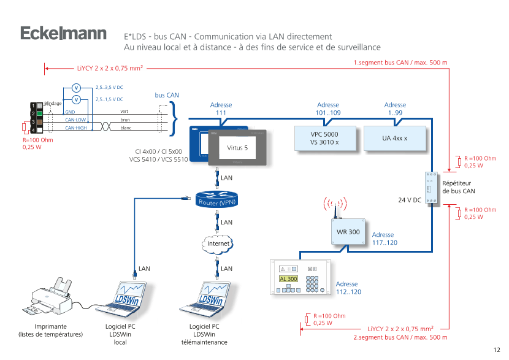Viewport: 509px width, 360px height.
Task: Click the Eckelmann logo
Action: pyautogui.click(x=63, y=34)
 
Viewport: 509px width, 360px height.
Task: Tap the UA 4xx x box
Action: pyautogui.click(x=394, y=138)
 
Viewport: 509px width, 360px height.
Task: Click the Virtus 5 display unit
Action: pyautogui.click(x=237, y=148)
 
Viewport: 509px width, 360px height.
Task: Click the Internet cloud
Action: pyautogui.click(x=218, y=243)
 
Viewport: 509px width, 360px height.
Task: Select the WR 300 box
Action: pyautogui.click(x=348, y=232)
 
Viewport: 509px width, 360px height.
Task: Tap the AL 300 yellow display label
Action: pyautogui.click(x=288, y=279)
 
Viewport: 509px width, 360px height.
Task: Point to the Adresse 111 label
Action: pyautogui.click(x=221, y=109)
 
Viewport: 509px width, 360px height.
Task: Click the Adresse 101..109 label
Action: pyautogui.click(x=327, y=109)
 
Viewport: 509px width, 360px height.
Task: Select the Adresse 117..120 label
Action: pyautogui.click(x=383, y=239)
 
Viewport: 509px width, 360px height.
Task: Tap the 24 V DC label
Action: pyautogui.click(x=409, y=200)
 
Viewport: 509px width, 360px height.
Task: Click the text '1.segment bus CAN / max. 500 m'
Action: pyautogui.click(x=400, y=63)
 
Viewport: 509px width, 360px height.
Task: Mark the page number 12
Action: pyautogui.click(x=496, y=350)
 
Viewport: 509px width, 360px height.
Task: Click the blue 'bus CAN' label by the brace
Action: pyautogui.click(x=166, y=96)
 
